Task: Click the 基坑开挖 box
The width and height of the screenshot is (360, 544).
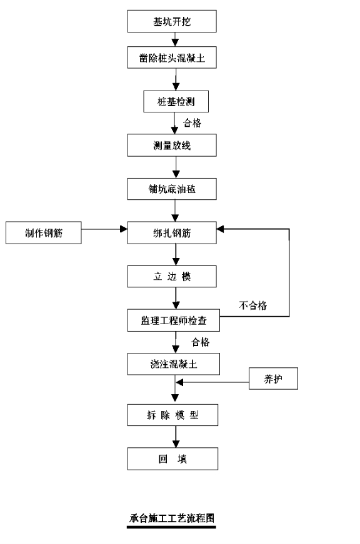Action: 172,21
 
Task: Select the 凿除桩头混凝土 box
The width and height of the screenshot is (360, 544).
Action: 172,57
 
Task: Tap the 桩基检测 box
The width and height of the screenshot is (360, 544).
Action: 176,101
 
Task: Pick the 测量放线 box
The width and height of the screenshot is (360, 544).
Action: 172,145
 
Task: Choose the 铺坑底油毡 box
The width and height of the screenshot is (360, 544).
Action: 172,189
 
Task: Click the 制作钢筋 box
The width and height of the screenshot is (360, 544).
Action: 43,232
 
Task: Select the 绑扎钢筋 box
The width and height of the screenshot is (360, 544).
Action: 172,232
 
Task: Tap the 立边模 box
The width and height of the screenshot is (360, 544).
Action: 172,276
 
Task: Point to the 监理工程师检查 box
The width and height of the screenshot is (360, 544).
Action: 174,320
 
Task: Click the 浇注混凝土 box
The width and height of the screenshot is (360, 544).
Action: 174,364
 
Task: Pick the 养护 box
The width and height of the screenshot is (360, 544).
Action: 273,378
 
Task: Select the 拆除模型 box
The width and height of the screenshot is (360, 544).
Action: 172,415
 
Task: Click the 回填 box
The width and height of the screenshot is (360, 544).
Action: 172,458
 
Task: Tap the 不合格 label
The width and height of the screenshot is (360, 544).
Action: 253,305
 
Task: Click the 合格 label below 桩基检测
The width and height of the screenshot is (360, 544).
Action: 192,123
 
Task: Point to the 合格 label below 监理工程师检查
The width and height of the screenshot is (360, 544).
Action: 200,342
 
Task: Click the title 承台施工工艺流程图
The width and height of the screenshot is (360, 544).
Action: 171,518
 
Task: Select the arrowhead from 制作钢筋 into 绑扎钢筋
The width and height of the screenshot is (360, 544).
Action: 124,229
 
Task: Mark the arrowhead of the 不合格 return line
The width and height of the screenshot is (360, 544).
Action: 221,229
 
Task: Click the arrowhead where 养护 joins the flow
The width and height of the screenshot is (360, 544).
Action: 179,382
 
